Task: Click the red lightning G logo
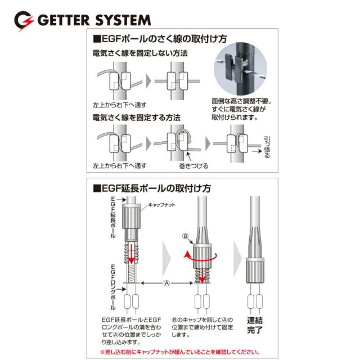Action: click(x=24, y=21)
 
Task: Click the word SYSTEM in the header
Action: click(x=123, y=20)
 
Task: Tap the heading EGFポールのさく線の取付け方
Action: click(x=160, y=39)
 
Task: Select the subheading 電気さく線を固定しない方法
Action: click(x=140, y=53)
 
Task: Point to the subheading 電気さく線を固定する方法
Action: click(x=136, y=118)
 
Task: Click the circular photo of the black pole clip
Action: click(x=240, y=69)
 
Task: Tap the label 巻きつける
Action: click(x=193, y=166)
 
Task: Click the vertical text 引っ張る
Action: click(x=267, y=147)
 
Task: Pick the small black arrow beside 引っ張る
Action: click(x=256, y=151)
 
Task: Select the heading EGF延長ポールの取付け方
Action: click(x=152, y=188)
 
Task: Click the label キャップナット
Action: click(x=161, y=205)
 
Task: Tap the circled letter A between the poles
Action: click(x=166, y=283)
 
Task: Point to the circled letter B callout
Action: click(x=185, y=236)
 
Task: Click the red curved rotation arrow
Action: click(x=201, y=256)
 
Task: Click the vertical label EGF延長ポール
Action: click(x=113, y=217)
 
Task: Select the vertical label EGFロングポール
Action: click(x=113, y=287)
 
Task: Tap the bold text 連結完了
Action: click(x=255, y=325)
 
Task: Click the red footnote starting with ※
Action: click(x=180, y=352)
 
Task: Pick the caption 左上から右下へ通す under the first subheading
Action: click(x=120, y=105)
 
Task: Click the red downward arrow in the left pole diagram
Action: click(x=131, y=254)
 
